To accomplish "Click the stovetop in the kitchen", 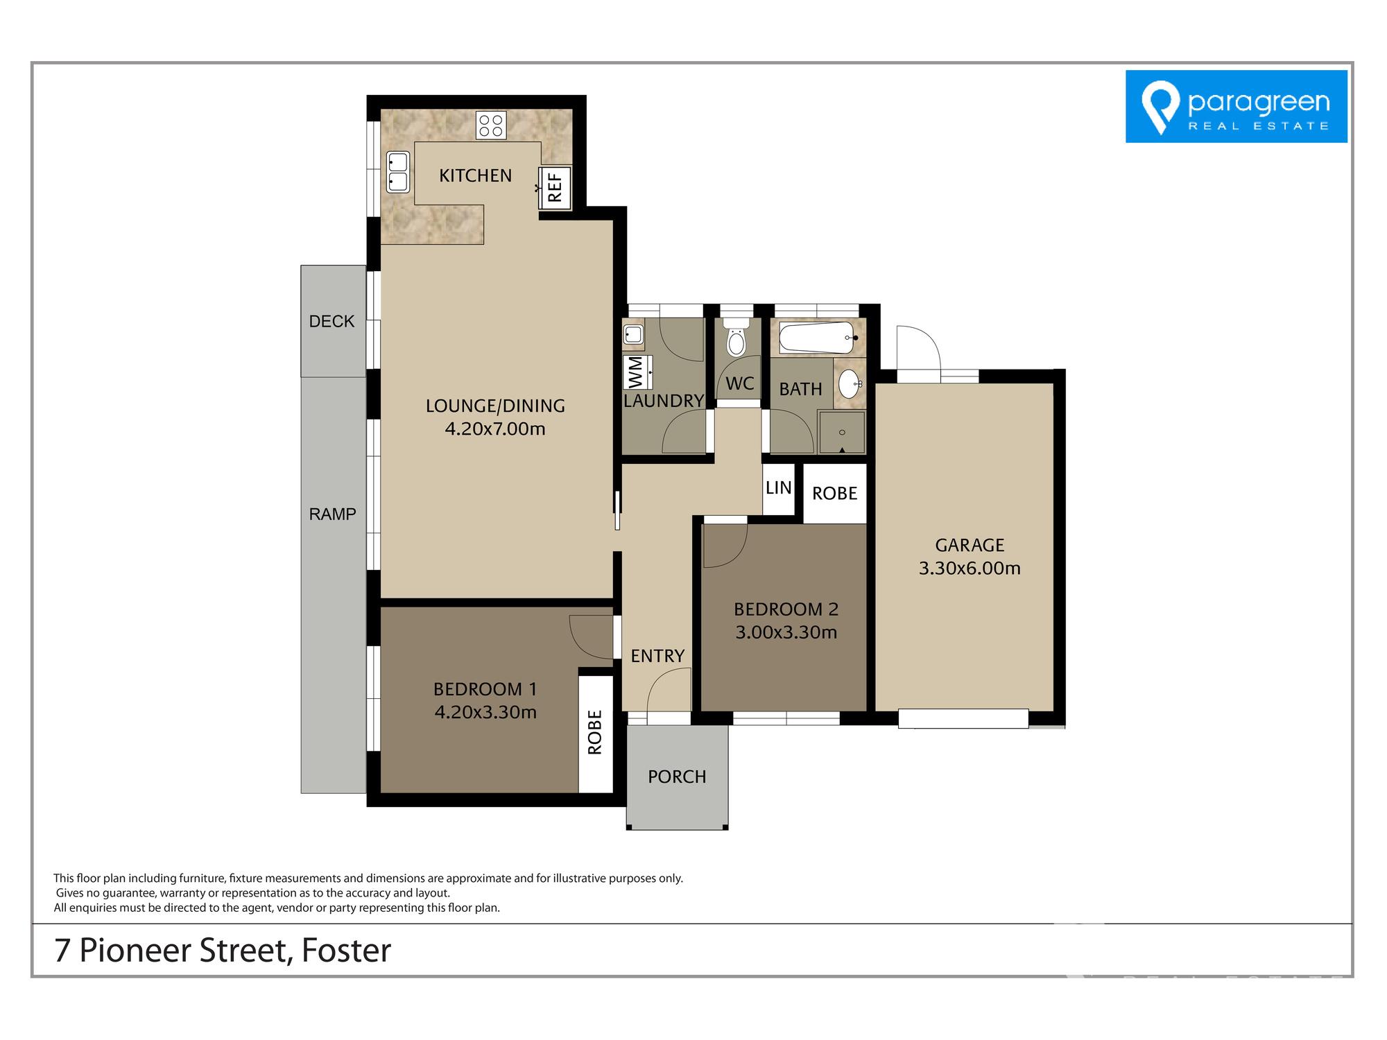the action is [x=491, y=125].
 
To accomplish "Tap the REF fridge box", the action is [x=555, y=188].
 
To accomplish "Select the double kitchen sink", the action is [x=397, y=172].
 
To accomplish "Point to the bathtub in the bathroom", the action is [x=817, y=338].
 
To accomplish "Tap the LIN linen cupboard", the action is [x=779, y=488].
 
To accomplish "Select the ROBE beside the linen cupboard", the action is [x=835, y=493].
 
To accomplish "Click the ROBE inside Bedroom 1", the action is [x=595, y=732].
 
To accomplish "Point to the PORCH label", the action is [x=677, y=777].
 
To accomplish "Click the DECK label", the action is [x=331, y=321].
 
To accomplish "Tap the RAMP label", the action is [x=332, y=514].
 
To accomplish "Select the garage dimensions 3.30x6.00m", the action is [x=970, y=569].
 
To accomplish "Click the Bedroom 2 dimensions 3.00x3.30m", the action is [x=786, y=632].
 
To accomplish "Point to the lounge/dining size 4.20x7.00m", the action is [x=495, y=428].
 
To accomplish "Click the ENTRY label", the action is [x=657, y=656].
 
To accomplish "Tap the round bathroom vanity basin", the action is [x=850, y=383].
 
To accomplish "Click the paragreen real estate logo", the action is [x=1236, y=106].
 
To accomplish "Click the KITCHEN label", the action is [x=476, y=175].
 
